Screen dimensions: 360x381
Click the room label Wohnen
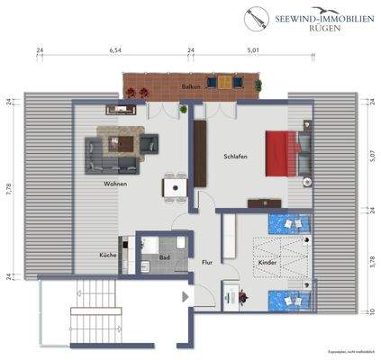pyautogui.click(x=114, y=184)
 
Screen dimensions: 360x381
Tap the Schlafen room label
pyautogui.click(x=236, y=156)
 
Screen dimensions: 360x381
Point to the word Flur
pyautogui.click(x=206, y=264)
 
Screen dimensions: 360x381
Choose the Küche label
pyautogui.click(x=107, y=255)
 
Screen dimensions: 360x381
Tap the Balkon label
pyautogui.click(x=190, y=86)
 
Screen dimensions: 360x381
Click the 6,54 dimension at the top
pyautogui.click(x=114, y=51)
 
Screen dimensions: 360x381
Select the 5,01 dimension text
pyautogui.click(x=254, y=51)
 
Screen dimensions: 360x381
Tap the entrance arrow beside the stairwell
pyautogui.click(x=186, y=296)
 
